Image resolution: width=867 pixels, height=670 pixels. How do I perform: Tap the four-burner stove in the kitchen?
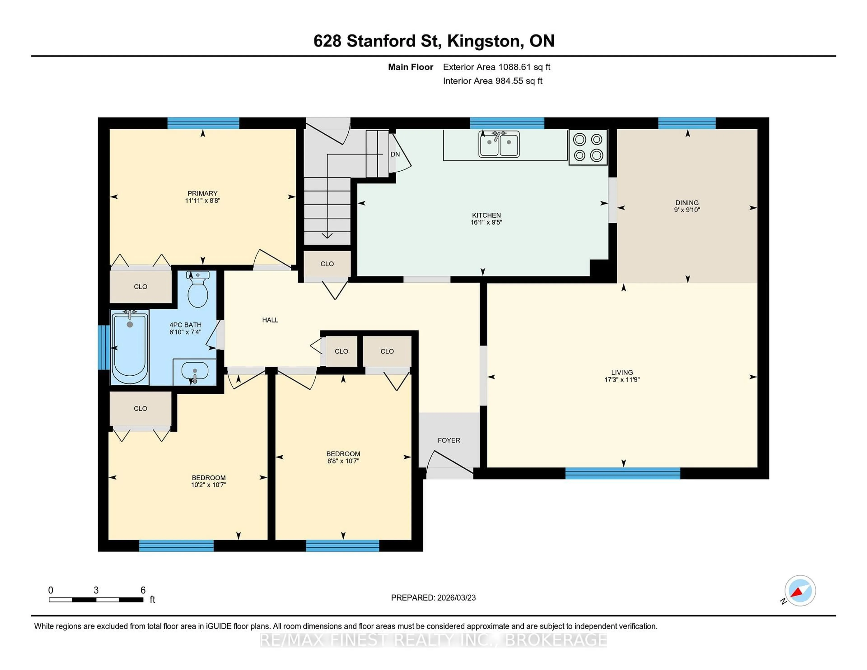pos(588,147)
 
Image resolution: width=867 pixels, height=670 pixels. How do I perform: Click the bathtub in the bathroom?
pos(130,348)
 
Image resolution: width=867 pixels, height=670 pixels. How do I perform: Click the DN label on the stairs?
pos(395,154)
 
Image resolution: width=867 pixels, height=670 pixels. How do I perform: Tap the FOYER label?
pos(449,440)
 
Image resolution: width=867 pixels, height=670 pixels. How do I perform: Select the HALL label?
pos(270,320)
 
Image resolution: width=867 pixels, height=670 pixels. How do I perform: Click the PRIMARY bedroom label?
pos(203,193)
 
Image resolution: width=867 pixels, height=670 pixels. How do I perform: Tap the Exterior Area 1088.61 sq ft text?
pos(496,67)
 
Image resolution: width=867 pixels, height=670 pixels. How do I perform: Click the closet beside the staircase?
pos(327,264)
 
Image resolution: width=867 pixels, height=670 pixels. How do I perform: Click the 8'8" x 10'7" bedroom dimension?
pos(343,461)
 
